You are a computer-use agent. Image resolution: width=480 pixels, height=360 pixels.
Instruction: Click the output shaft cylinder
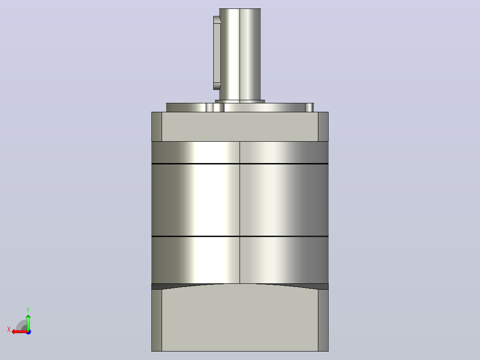click(240, 54)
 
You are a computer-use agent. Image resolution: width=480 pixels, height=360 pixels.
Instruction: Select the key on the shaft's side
click(217, 53)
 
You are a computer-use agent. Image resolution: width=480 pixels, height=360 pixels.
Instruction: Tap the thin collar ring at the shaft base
click(240, 102)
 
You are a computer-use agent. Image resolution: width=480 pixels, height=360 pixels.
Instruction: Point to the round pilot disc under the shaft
click(240, 107)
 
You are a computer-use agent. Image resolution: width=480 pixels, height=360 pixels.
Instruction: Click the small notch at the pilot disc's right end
click(309, 107)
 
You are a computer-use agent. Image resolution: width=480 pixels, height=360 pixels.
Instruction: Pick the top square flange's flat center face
click(240, 127)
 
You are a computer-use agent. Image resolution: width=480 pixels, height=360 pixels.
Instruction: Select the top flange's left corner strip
click(157, 127)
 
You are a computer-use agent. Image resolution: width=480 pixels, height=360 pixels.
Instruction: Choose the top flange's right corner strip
click(323, 127)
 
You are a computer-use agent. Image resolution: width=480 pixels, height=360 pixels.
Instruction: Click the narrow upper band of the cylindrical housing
click(240, 152)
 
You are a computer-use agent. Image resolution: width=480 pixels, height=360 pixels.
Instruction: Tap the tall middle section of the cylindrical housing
click(240, 200)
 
